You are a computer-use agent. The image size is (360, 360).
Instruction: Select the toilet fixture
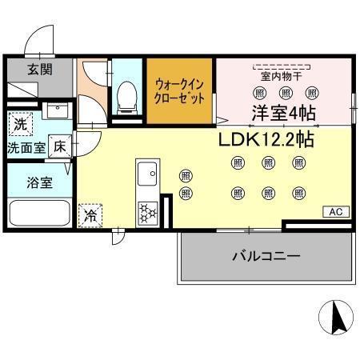pos(126,96)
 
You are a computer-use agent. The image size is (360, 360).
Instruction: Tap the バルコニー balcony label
pos(266,257)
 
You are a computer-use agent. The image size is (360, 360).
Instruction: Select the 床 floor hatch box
pos(59,146)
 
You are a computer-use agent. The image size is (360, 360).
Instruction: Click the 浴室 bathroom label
pos(41,182)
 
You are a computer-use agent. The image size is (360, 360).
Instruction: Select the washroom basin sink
pos(55,111)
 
